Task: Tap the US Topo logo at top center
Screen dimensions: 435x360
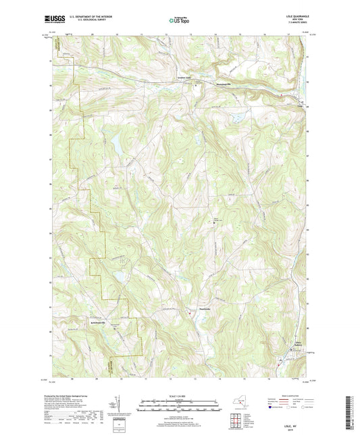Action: [179, 21]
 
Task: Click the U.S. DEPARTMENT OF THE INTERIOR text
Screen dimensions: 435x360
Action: [89, 17]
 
